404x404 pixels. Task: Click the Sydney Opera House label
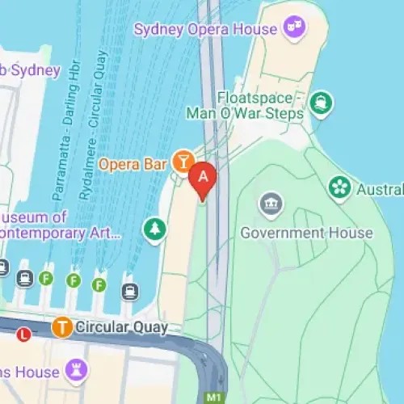click(206, 31)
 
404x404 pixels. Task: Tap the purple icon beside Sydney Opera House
click(291, 29)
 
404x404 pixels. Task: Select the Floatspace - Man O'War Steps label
click(245, 106)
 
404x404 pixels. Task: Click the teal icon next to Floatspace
click(322, 103)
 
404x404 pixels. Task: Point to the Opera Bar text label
click(133, 164)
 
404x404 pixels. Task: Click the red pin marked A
click(203, 179)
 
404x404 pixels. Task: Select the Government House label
click(307, 234)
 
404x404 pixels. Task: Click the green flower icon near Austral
click(340, 188)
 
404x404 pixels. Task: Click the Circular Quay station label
click(121, 327)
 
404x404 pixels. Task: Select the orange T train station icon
click(61, 327)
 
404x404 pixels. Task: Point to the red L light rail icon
click(24, 333)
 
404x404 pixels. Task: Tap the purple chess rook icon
click(78, 372)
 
